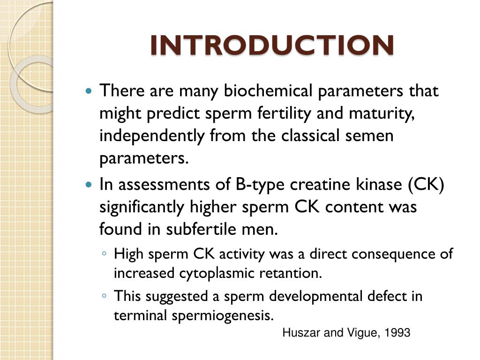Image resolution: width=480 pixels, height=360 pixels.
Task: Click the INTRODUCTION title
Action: (x=272, y=45)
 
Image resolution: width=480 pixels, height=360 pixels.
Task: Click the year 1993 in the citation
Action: (x=397, y=333)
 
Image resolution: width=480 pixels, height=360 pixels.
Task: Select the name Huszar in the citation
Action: (x=299, y=333)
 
